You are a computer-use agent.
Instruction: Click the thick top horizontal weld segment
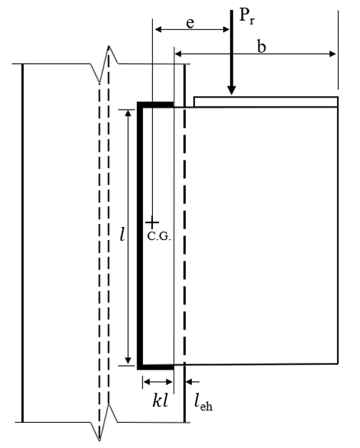[x=155, y=104]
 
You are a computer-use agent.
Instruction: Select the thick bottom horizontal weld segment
[x=157, y=365]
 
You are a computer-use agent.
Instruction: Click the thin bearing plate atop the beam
[x=266, y=101]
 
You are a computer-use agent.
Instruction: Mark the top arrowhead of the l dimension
[x=129, y=111]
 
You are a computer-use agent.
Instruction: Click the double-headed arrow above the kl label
[x=158, y=382]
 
